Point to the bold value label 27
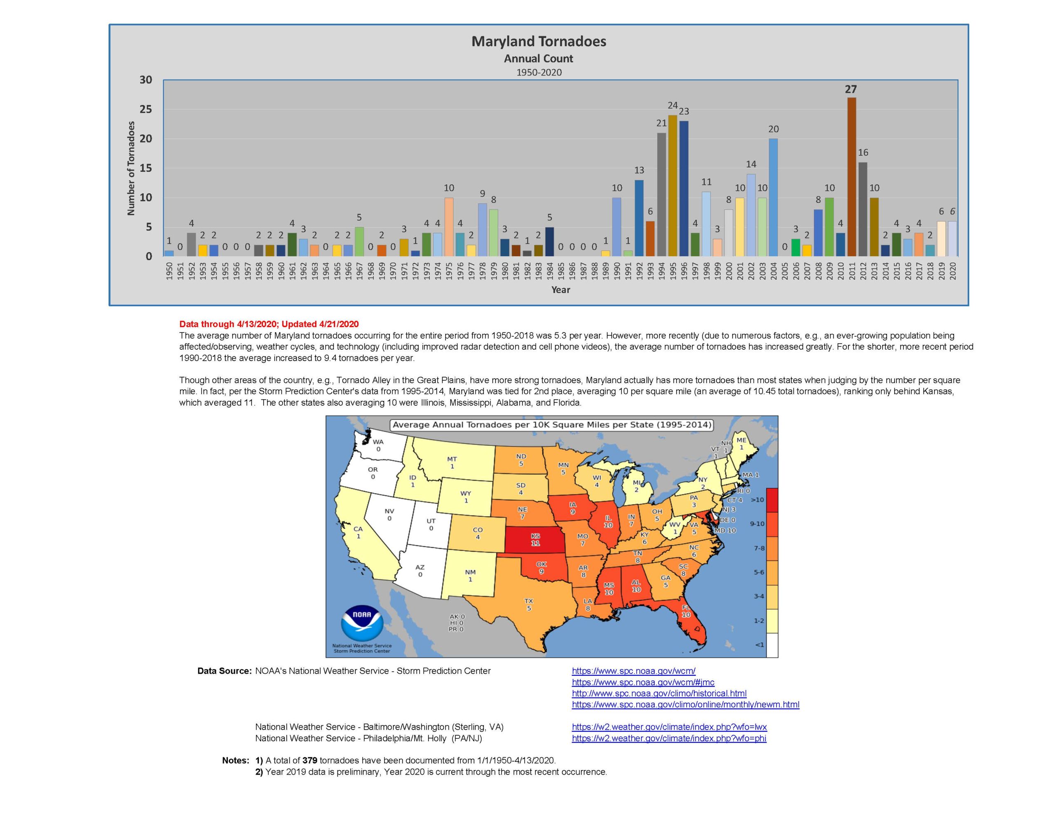point(851,89)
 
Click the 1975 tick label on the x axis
point(449,271)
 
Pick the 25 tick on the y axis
point(145,110)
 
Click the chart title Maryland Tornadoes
point(538,42)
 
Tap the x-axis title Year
point(560,290)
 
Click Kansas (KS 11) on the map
point(535,540)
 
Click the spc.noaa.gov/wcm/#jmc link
point(643,682)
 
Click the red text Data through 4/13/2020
point(269,324)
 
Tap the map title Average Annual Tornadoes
point(552,425)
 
